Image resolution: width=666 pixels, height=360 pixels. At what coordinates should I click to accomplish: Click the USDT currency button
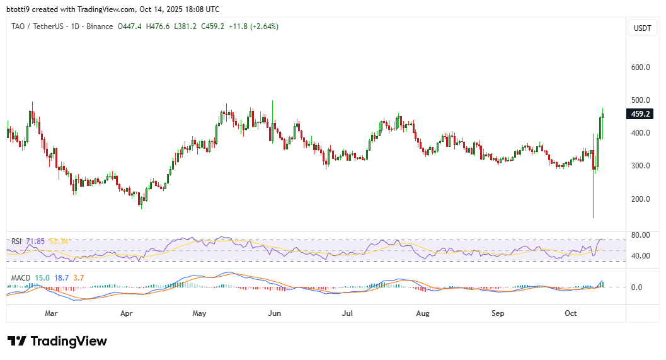(x=642, y=28)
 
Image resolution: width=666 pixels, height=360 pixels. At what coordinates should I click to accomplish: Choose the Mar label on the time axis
(x=52, y=313)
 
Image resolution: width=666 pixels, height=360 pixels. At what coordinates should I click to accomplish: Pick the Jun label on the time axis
(x=274, y=313)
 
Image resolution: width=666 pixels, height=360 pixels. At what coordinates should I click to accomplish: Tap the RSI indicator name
(x=17, y=241)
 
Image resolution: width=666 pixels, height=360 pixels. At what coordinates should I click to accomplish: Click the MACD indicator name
(x=21, y=277)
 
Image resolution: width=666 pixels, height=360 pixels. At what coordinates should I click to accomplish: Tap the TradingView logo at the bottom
(x=57, y=341)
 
